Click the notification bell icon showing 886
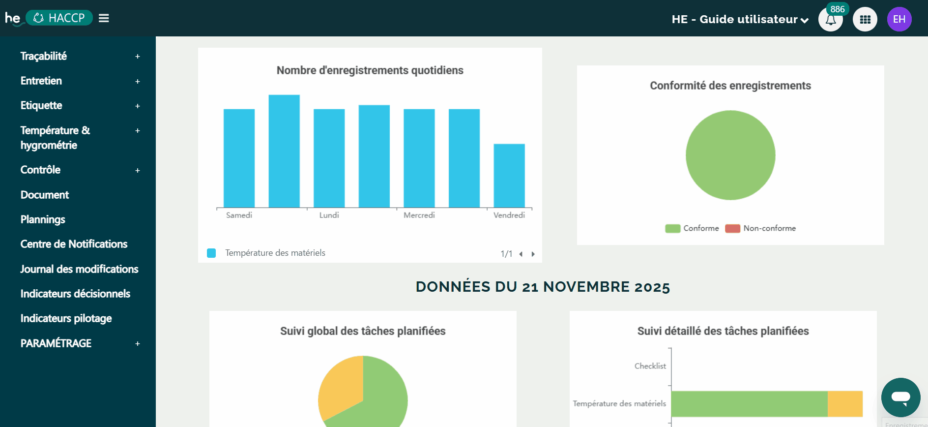point(830,20)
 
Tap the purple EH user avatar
point(899,19)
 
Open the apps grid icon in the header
point(865,20)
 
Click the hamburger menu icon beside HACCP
point(104,18)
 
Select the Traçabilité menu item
point(44,56)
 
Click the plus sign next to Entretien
point(138,81)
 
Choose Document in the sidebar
point(45,195)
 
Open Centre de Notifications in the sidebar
point(74,244)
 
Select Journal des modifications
point(79,269)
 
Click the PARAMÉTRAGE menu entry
point(56,343)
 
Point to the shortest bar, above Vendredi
point(509,176)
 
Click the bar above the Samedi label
point(239,158)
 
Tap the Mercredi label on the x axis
point(419,215)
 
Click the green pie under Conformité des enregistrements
point(730,155)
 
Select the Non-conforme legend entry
point(761,228)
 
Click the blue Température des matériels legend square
point(211,253)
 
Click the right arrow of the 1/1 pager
point(533,254)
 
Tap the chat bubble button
point(900,397)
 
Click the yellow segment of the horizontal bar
point(845,404)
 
